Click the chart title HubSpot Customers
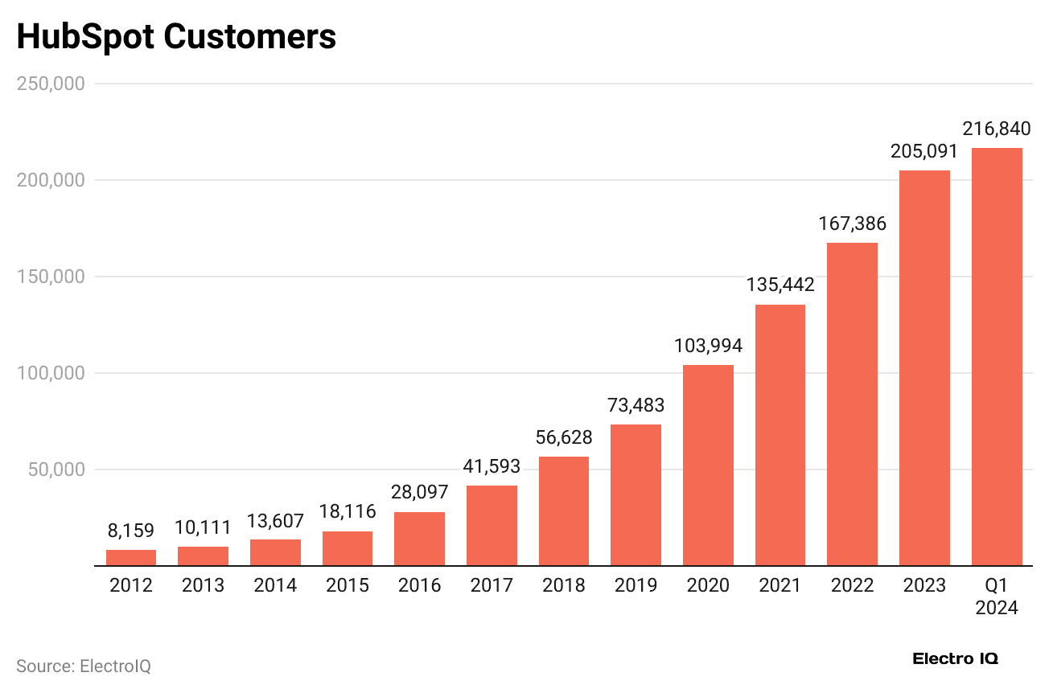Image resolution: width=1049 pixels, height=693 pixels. (176, 37)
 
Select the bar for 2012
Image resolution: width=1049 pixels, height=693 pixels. (131, 558)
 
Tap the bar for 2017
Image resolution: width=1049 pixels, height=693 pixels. (492, 526)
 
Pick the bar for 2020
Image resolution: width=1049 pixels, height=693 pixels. (708, 465)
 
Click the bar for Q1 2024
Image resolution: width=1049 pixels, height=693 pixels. (997, 357)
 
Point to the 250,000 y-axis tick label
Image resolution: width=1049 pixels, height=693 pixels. (51, 84)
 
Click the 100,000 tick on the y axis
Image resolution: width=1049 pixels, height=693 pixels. (51, 373)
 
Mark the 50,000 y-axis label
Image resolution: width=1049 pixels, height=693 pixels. (56, 470)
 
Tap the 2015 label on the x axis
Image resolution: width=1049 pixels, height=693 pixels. (348, 585)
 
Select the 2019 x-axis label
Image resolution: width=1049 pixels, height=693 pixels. (636, 585)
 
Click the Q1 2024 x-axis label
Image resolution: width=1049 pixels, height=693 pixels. (997, 596)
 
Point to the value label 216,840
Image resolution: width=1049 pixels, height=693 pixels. (997, 129)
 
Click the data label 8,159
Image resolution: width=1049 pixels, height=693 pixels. (131, 531)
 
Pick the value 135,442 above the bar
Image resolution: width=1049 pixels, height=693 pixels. (780, 285)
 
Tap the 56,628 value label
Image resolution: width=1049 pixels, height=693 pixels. (564, 437)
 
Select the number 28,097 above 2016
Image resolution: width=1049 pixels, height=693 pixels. (419, 492)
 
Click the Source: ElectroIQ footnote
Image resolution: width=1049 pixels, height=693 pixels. (84, 666)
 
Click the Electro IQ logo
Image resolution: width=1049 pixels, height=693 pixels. (955, 658)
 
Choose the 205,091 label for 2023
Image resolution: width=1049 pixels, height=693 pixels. (924, 151)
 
